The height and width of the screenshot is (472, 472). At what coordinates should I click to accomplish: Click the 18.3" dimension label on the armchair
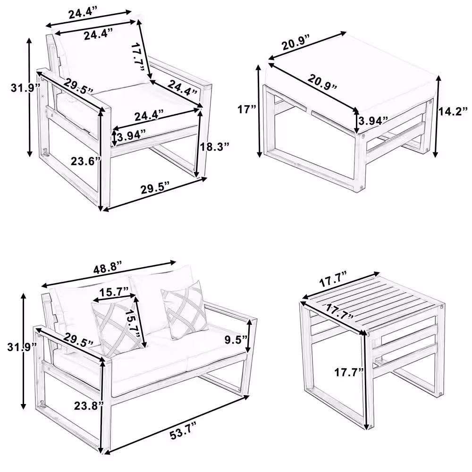pyautogui.click(x=215, y=147)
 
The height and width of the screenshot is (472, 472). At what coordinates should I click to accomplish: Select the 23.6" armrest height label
pyautogui.click(x=86, y=161)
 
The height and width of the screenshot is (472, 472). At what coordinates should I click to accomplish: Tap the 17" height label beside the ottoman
pyautogui.click(x=246, y=110)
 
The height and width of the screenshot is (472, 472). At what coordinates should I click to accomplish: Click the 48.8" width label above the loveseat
pyautogui.click(x=108, y=269)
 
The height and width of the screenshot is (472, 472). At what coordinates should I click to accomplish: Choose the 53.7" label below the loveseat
pyautogui.click(x=182, y=434)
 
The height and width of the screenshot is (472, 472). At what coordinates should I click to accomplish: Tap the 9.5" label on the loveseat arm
pyautogui.click(x=236, y=339)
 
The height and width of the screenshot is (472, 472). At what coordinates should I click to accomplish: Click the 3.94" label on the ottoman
pyautogui.click(x=373, y=120)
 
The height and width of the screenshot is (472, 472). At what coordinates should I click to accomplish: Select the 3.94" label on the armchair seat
pyautogui.click(x=132, y=136)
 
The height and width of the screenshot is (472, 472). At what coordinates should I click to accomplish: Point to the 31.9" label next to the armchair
pyautogui.click(x=25, y=88)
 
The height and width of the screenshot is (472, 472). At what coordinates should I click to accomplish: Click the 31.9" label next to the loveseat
pyautogui.click(x=22, y=347)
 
